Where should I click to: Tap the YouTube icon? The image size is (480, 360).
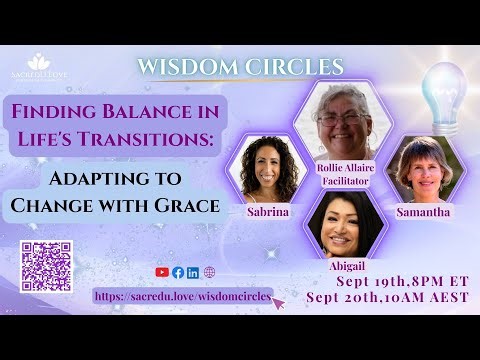[162, 272]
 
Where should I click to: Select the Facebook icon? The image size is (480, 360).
[178, 272]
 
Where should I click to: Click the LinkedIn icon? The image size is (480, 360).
[193, 272]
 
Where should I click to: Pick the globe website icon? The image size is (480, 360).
[209, 272]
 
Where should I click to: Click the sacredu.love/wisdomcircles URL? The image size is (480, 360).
[183, 296]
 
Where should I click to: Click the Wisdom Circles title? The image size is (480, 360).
[240, 67]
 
